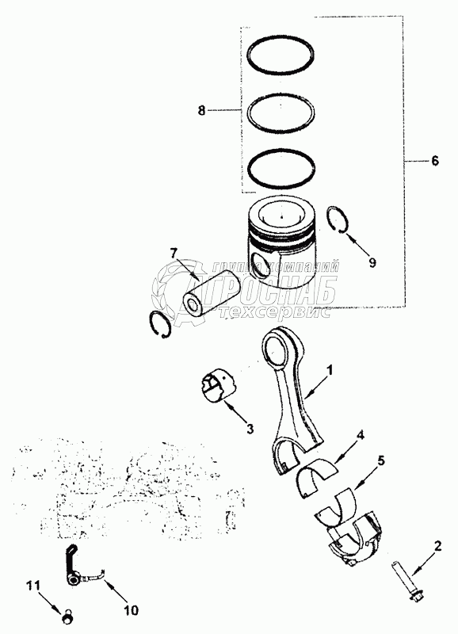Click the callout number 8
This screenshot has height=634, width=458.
(202, 110)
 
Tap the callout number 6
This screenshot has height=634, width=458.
(434, 161)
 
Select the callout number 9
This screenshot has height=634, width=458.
(372, 262)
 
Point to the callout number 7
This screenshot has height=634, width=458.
(173, 254)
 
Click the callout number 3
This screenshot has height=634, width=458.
(250, 428)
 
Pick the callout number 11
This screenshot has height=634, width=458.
(34, 584)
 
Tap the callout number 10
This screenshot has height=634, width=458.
(131, 609)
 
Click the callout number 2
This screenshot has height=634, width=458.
(437, 547)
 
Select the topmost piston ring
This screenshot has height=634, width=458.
(281, 37)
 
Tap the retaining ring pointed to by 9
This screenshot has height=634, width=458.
(327, 219)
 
